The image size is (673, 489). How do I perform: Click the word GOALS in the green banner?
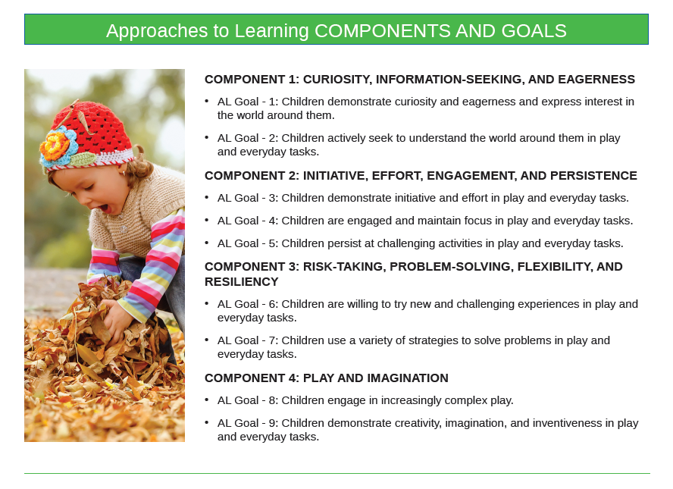[x=534, y=31]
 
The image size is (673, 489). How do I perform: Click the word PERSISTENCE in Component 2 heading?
[x=593, y=176]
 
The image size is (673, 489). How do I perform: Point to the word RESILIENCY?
[x=242, y=281]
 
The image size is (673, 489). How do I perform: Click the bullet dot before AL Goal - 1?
[x=207, y=101]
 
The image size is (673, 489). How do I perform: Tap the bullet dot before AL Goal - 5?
[x=207, y=243]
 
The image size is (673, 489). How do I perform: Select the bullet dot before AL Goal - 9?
[x=207, y=422]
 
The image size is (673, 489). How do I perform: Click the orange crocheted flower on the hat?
[x=54, y=144]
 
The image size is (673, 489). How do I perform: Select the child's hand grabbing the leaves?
[x=115, y=320]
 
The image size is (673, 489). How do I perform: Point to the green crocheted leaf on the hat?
[x=83, y=160]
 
